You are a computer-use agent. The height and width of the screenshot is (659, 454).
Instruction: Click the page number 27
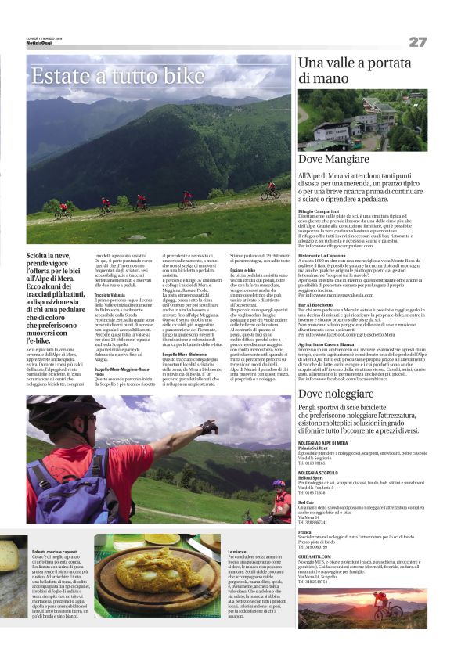[417, 41]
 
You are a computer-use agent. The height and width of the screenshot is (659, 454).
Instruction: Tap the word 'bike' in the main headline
[177, 76]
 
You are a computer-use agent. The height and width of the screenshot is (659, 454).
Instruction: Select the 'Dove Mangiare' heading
[333, 160]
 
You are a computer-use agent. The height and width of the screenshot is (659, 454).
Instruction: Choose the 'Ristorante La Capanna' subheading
[326, 256]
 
